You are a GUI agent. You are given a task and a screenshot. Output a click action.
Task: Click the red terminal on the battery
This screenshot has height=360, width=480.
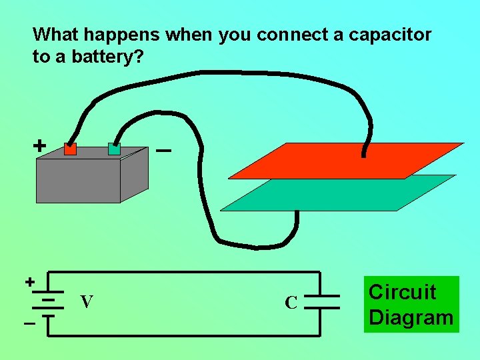click(x=71, y=149)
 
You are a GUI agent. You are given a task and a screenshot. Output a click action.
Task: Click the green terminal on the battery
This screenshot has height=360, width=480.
click(x=114, y=149)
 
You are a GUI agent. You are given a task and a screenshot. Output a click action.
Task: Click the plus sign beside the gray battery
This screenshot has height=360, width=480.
click(x=40, y=145)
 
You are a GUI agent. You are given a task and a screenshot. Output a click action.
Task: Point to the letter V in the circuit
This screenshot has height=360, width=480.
click(x=86, y=302)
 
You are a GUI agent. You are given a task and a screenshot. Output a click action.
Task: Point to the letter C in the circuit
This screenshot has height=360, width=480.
click(x=291, y=303)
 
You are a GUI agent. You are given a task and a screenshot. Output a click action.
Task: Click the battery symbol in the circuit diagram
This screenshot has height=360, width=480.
click(x=47, y=303)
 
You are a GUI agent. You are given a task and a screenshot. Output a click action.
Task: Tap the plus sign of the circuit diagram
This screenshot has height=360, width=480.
click(x=30, y=281)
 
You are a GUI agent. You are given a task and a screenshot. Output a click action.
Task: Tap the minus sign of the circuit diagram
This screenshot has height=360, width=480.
click(x=29, y=324)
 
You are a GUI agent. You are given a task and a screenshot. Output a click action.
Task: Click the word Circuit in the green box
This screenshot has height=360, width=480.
click(x=402, y=292)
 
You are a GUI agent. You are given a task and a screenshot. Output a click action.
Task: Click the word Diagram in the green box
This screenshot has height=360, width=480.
click(x=411, y=317)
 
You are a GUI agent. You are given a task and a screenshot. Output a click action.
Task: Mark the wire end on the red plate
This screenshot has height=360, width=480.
click(x=363, y=154)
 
